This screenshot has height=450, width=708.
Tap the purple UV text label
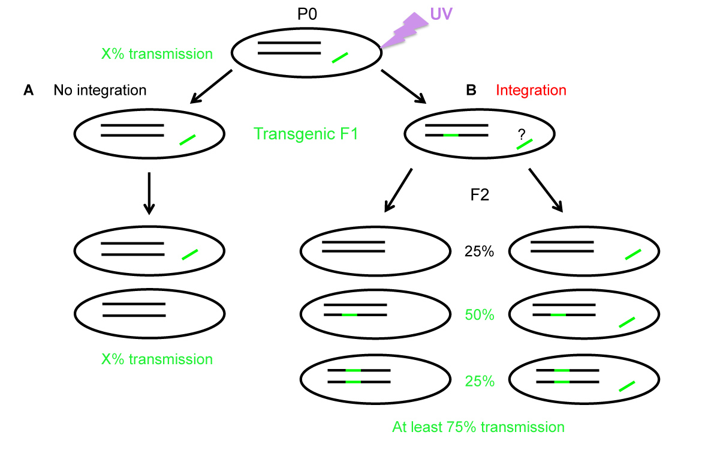click(x=441, y=12)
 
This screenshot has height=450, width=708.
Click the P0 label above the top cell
click(x=307, y=14)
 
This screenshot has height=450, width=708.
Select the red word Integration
click(x=531, y=90)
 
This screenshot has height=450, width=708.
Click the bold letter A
click(x=28, y=91)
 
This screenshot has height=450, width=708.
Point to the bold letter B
click(x=471, y=90)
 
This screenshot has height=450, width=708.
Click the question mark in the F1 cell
click(x=521, y=136)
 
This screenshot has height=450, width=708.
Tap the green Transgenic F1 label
click(x=306, y=133)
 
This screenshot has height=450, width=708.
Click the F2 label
click(x=480, y=195)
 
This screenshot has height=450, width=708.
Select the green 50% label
click(x=479, y=314)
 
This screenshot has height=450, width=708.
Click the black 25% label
click(x=479, y=252)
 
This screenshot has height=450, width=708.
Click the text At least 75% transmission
click(x=478, y=427)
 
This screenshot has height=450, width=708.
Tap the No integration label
click(x=100, y=91)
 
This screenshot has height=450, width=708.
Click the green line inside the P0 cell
click(x=340, y=58)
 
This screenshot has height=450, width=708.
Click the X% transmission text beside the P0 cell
click(x=157, y=54)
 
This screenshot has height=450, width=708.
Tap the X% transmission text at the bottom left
click(x=157, y=359)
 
